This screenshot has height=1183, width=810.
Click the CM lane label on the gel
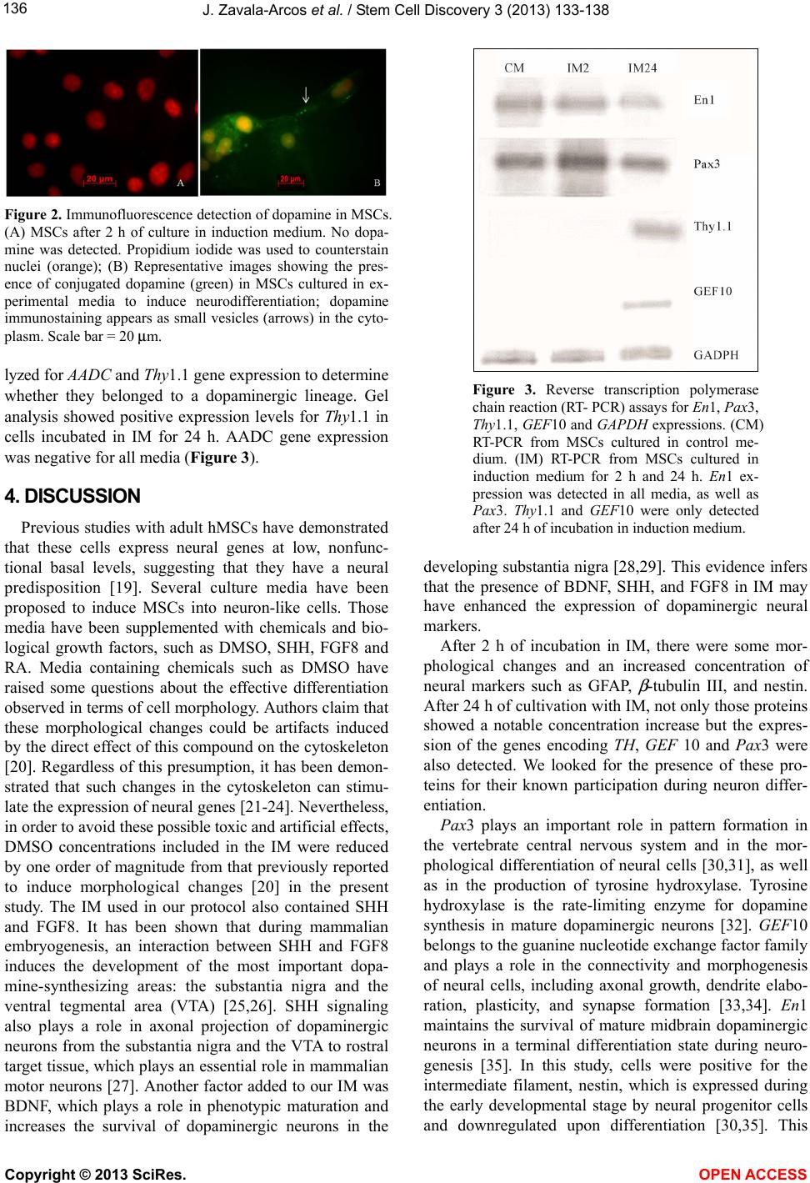(x=514, y=68)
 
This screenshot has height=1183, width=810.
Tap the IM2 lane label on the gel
(x=577, y=68)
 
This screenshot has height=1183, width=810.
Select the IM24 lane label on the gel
(x=642, y=68)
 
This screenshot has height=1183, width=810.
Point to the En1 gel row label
(x=704, y=100)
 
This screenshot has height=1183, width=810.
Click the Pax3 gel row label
(x=707, y=164)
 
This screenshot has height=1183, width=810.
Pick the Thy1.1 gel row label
(x=712, y=226)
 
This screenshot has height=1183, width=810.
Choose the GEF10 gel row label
(x=712, y=291)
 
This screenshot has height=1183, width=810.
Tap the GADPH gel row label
(x=716, y=354)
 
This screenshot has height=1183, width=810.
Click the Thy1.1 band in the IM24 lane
(x=650, y=228)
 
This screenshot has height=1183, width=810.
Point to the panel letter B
(x=377, y=183)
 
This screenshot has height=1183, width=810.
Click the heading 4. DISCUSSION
(x=72, y=497)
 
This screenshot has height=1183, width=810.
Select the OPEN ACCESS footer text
(x=752, y=1175)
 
